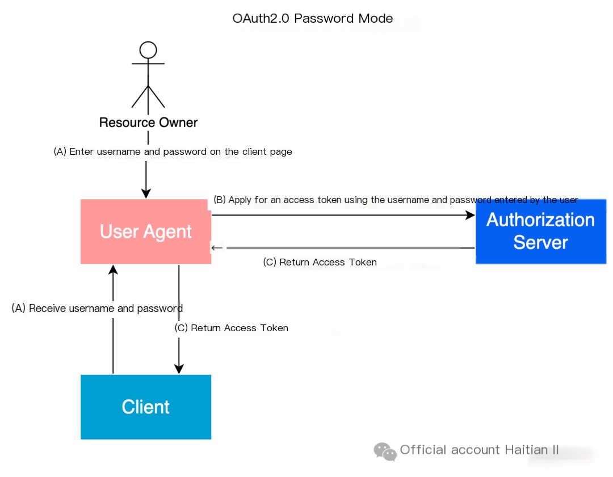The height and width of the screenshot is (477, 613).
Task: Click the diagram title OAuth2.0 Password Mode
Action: (x=312, y=18)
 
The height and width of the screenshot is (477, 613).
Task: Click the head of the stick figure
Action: (x=148, y=50)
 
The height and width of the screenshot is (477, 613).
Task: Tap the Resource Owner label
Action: (x=148, y=123)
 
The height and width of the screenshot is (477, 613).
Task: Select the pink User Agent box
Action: (x=146, y=231)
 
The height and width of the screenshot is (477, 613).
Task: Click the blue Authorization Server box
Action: (x=541, y=231)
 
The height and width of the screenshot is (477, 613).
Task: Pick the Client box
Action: (x=146, y=407)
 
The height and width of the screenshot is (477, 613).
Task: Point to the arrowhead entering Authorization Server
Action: (x=471, y=215)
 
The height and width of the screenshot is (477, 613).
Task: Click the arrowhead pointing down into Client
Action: (x=179, y=369)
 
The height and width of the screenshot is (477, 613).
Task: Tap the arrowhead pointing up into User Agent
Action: (x=113, y=269)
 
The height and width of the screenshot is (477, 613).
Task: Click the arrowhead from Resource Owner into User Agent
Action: (x=146, y=193)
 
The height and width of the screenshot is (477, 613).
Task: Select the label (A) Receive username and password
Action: (x=97, y=308)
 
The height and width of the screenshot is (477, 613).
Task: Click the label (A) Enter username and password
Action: (x=173, y=151)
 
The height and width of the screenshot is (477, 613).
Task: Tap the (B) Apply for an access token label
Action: (x=396, y=200)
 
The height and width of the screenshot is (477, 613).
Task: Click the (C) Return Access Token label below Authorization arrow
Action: (x=320, y=262)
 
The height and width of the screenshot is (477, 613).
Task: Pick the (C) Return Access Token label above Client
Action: (x=232, y=328)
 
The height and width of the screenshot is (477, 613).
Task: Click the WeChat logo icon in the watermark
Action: (x=385, y=451)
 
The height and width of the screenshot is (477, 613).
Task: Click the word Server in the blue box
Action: (x=541, y=242)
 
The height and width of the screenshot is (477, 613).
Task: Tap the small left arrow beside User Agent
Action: (x=217, y=248)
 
